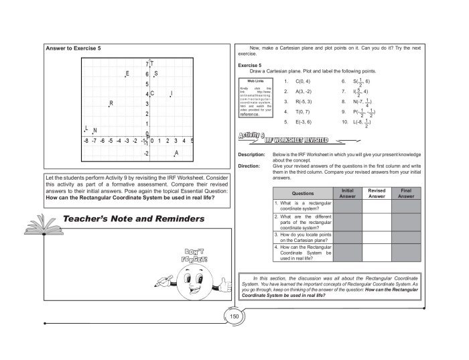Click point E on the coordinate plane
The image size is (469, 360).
pos(125,76)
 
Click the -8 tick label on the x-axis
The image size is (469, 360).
pos(86,141)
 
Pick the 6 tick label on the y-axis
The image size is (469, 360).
pos(146,74)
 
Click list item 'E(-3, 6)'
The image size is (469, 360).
pos(298,123)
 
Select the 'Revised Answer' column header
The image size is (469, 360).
pos(377,194)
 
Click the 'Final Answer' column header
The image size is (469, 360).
pos(406,194)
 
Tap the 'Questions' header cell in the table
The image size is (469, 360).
pos(301,194)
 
